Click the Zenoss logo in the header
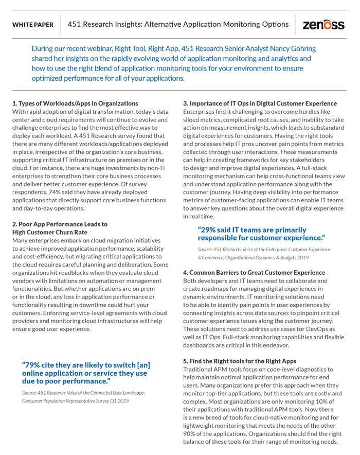click(323, 25)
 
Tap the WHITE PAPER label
click(33, 25)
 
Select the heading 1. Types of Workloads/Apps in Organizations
click(75, 103)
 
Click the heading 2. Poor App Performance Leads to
click(60, 224)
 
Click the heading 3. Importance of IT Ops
click(260, 103)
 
